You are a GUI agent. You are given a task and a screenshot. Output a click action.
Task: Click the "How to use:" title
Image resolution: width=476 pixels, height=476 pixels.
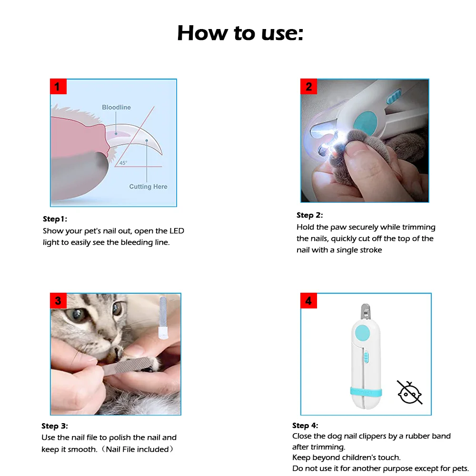tap(240, 33)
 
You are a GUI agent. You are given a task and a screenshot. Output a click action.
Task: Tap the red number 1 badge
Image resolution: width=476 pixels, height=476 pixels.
tap(58, 87)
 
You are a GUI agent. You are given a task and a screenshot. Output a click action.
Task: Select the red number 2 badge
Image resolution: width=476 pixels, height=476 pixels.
tap(308, 87)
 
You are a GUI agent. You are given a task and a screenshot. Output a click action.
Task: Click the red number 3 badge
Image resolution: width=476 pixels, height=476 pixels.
tap(58, 300)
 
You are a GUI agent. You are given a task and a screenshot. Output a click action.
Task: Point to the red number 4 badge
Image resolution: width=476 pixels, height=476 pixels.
tap(308, 300)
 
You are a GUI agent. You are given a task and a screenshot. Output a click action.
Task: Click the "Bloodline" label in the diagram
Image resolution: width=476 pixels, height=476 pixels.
tap(116, 107)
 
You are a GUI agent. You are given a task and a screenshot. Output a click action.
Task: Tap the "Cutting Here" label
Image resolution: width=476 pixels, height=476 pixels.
tap(148, 187)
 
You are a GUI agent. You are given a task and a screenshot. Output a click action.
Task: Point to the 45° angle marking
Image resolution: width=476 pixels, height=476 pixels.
tap(123, 163)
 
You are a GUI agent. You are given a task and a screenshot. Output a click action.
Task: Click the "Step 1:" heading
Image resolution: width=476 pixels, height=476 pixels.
tap(55, 219)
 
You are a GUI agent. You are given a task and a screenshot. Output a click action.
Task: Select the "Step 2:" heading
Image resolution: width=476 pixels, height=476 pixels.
tap(310, 215)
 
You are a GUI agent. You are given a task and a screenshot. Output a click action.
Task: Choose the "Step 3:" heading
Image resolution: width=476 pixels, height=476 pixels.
tap(55, 426)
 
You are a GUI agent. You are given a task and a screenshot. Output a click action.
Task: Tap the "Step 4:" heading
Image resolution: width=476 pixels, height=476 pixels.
tap(305, 425)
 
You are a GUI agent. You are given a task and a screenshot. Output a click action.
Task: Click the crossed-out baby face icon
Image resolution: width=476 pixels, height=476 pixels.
tap(409, 393)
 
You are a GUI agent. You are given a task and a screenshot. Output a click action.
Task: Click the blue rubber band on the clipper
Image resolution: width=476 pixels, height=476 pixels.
tap(366, 392)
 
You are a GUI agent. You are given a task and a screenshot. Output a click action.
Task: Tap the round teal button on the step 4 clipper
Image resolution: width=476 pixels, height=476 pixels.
tap(362, 333)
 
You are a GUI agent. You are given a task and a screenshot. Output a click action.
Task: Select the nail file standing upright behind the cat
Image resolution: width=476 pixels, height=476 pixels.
tap(163, 317)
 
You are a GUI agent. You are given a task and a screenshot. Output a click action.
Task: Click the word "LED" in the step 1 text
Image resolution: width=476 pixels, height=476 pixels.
tap(177, 231)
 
